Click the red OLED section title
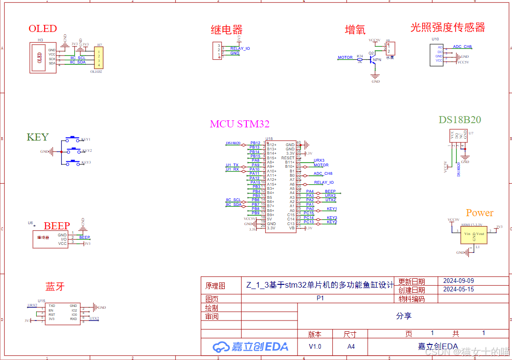tap(43, 29)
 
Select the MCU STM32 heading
tap(239, 124)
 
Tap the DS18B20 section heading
tap(460, 120)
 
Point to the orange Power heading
tap(480, 213)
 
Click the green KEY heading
tap(38, 137)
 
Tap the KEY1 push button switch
tap(72, 139)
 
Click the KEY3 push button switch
tap(72, 162)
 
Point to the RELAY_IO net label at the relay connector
tap(240, 48)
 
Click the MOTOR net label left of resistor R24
tap(345, 58)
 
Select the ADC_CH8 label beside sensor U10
tap(462, 47)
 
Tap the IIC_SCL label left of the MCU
tap(233, 200)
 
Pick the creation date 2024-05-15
tap(458, 290)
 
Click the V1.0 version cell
tap(315, 347)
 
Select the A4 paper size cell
tap(351, 347)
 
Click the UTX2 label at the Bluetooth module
tap(94, 319)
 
